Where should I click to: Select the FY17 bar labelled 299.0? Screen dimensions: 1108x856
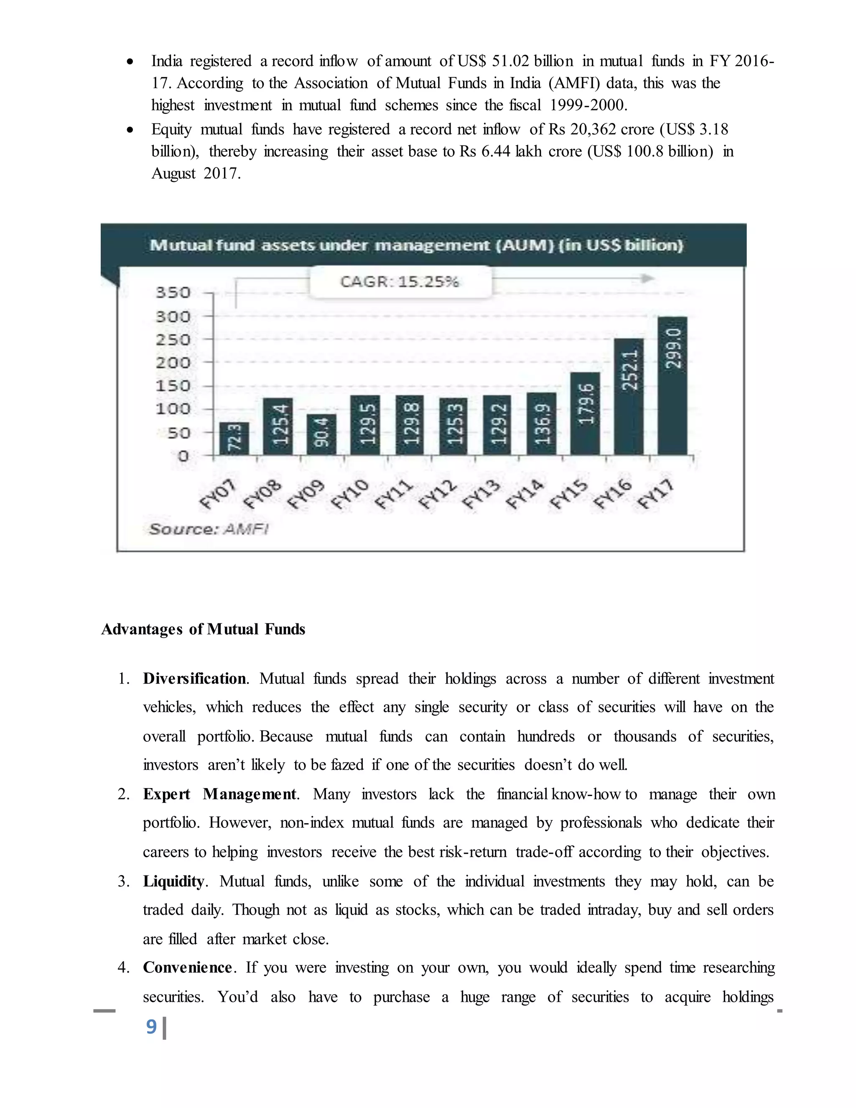tap(673, 386)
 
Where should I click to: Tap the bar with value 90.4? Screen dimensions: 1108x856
tap(321, 434)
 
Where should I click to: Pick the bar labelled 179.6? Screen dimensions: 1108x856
tap(585, 413)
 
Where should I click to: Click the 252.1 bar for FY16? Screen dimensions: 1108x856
tap(629, 396)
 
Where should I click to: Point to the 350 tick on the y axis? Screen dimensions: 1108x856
tap(173, 293)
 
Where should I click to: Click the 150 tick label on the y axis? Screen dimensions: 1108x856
tap(173, 386)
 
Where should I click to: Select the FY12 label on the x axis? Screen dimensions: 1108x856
tap(437, 495)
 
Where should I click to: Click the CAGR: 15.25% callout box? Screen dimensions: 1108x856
tap(400, 281)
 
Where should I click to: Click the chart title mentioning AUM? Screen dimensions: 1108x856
tap(416, 245)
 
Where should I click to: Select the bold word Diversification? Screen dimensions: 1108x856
tap(195, 679)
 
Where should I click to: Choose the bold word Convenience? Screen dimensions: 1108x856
tap(188, 967)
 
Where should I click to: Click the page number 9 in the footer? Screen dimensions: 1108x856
tap(151, 1026)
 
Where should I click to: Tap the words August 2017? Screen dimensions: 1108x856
tap(196, 174)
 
